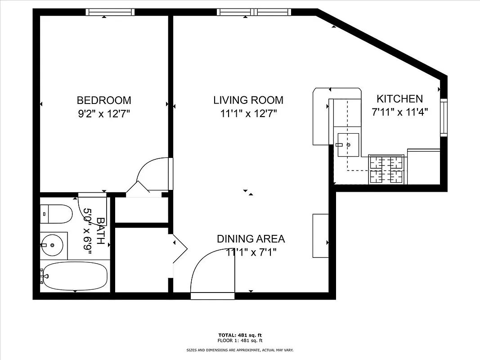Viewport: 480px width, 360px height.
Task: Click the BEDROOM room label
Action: [x=104, y=100]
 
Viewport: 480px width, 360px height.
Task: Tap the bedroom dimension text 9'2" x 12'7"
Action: [x=104, y=114]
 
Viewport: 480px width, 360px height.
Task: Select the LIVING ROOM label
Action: [x=248, y=100]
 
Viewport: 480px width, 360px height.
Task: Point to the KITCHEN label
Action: [x=399, y=99]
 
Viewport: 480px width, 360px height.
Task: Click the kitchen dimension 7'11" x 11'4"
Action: [x=399, y=112]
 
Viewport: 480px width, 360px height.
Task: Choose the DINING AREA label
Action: [x=251, y=239]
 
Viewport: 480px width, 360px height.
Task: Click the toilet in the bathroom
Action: [x=56, y=214]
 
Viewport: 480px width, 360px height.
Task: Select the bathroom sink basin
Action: [x=54, y=245]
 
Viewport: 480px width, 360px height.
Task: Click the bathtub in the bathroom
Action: [x=75, y=276]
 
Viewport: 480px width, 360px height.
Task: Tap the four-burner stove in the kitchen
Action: [x=386, y=169]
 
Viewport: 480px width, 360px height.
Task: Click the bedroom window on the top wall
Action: [x=110, y=12]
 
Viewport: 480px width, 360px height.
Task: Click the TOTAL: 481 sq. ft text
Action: [x=239, y=335]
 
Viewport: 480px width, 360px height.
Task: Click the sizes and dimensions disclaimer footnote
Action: [x=240, y=350]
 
